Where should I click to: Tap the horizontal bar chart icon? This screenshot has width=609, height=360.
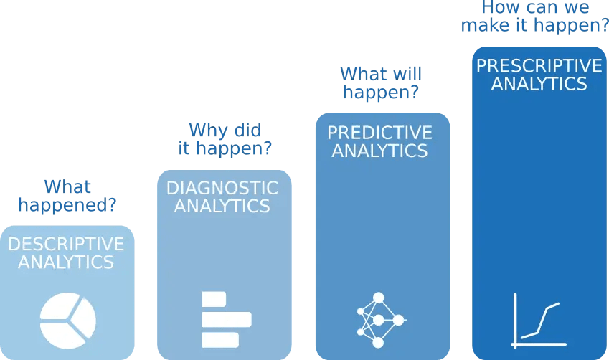225,320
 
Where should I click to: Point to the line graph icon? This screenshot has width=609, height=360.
539,320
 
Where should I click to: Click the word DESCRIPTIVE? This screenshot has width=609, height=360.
66,245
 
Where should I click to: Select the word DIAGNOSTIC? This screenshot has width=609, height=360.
222,189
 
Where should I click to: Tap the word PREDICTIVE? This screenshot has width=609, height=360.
380,133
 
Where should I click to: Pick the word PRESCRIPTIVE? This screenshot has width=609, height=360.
539,66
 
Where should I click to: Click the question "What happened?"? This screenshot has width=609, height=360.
67,196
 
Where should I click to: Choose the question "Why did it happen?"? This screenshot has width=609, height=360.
225,140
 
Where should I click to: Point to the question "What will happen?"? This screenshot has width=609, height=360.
381,83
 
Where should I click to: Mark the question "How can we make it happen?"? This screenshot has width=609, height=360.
534,16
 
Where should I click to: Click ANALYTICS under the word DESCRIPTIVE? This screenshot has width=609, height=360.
66,262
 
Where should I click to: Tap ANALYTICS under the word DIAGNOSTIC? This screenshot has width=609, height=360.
222,207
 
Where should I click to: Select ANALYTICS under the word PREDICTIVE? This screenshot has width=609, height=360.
380,151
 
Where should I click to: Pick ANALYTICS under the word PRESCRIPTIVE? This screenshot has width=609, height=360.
539,83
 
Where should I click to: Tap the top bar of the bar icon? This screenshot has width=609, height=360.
214,299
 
